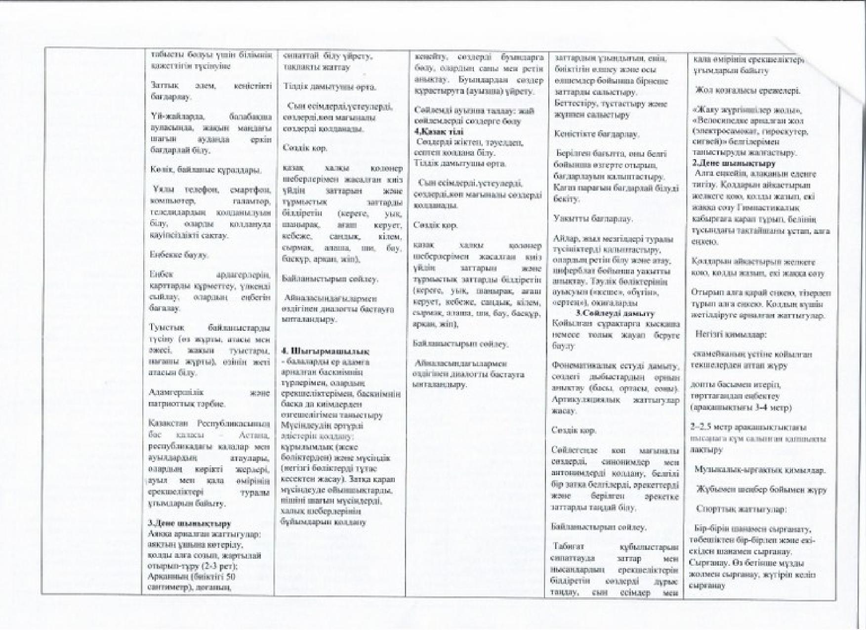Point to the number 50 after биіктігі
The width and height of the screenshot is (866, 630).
point(230,578)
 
